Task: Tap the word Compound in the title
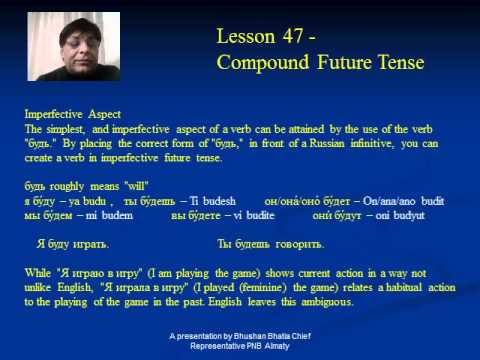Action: click(x=263, y=63)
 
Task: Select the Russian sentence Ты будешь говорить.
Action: click(x=270, y=244)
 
